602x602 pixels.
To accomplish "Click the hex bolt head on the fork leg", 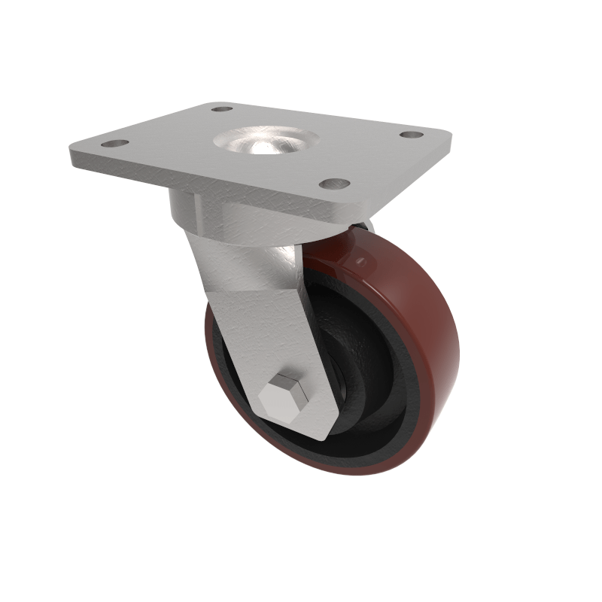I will (x=285, y=394).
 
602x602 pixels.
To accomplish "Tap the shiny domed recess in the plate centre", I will (x=265, y=141).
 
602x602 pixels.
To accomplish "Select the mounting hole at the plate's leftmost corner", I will (x=112, y=143).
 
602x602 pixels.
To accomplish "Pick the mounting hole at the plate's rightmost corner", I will (x=411, y=135).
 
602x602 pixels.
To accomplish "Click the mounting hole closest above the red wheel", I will (x=334, y=184).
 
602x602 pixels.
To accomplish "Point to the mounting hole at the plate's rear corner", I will (x=221, y=109).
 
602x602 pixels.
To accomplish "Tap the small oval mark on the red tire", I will (x=366, y=261).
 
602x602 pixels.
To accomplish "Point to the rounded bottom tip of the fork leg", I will (x=320, y=433).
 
